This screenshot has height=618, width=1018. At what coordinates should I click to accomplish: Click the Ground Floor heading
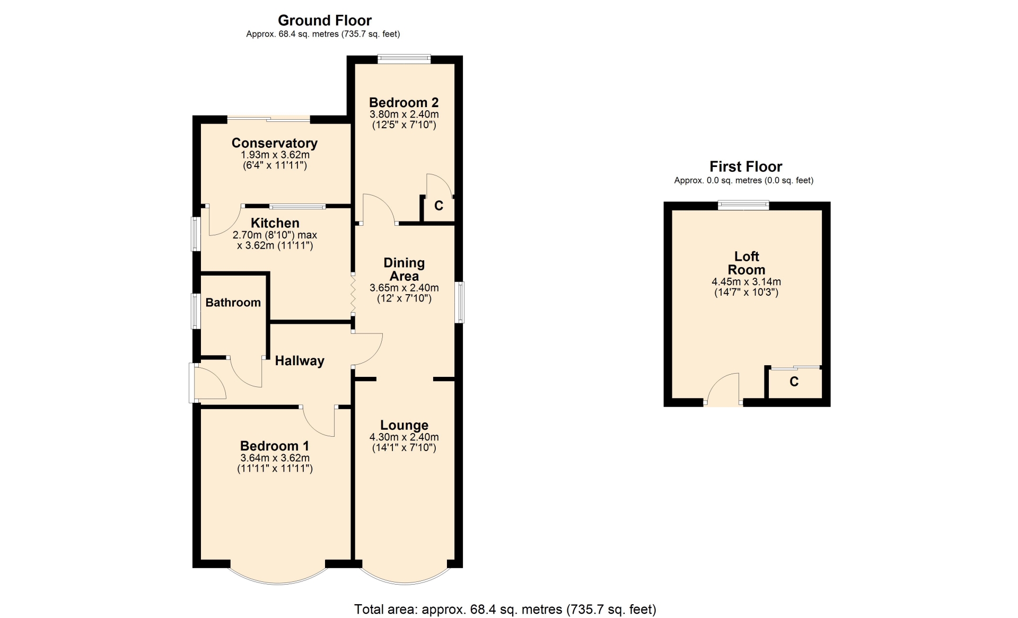click(324, 21)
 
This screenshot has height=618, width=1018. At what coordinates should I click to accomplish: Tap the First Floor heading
click(745, 167)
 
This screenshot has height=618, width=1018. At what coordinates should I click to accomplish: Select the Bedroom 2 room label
click(404, 102)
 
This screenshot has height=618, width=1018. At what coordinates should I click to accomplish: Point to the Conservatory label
click(275, 143)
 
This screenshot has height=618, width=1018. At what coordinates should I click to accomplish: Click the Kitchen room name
click(275, 223)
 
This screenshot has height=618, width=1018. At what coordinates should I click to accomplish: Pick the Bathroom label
click(233, 303)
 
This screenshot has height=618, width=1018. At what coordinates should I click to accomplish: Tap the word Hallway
click(300, 361)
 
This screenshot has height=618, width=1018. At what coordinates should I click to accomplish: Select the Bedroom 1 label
click(275, 446)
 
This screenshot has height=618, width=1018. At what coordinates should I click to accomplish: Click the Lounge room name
click(404, 426)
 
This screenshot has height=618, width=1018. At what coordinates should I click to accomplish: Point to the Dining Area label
click(404, 269)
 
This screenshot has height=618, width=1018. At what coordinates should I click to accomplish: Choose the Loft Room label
click(747, 263)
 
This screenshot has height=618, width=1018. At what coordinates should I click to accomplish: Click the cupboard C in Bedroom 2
click(438, 206)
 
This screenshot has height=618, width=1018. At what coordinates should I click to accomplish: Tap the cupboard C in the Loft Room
click(794, 382)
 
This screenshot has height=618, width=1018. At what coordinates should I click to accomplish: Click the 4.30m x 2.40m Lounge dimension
click(404, 437)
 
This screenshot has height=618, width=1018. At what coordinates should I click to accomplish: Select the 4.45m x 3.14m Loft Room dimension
click(747, 282)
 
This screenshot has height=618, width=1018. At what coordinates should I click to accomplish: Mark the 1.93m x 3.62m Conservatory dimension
click(275, 155)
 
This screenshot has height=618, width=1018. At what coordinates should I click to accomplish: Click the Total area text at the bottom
click(505, 610)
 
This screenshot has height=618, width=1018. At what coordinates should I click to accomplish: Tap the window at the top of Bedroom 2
click(404, 58)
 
